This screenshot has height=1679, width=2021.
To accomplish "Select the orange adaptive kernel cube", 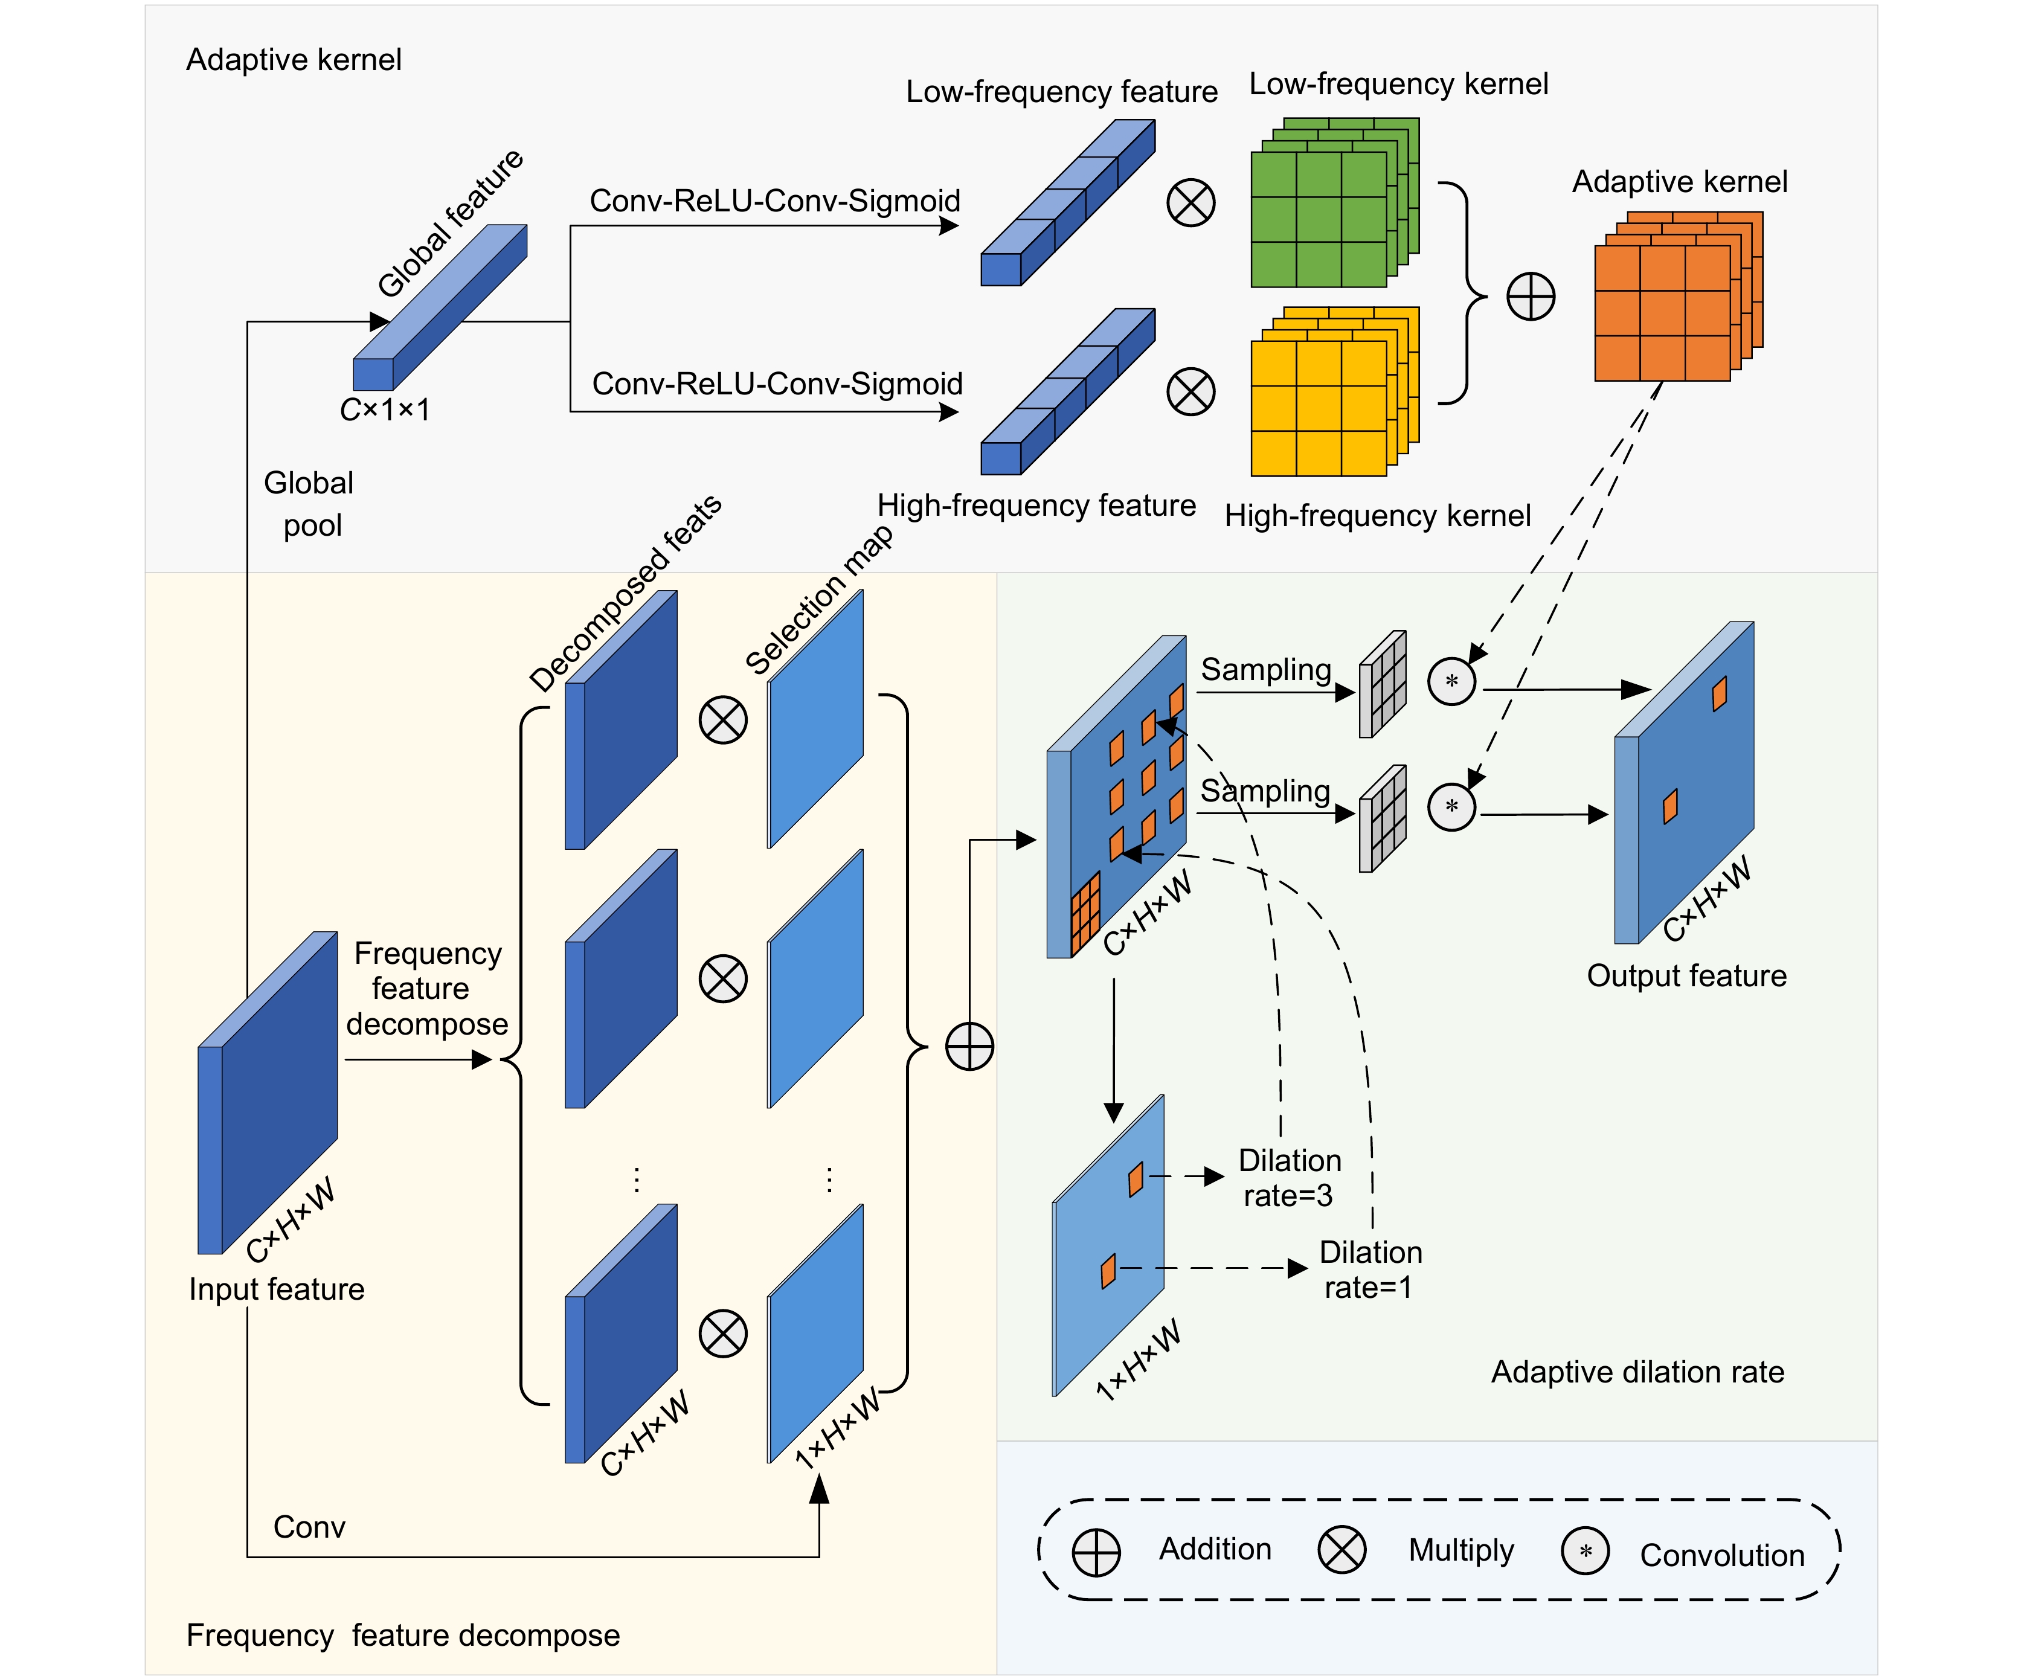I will (1674, 298).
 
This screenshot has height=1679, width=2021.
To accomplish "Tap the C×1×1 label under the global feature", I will (385, 410).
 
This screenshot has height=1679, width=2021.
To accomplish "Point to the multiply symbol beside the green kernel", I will (1190, 203).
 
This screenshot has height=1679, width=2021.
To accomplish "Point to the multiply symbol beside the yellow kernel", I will (1190, 391).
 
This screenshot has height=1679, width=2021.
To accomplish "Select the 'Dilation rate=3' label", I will (1288, 1178).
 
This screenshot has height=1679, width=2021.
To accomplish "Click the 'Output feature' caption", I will (1686, 975).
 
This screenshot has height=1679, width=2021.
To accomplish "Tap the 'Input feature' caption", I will (276, 1289).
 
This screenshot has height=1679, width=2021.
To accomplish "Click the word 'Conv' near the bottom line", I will (309, 1527).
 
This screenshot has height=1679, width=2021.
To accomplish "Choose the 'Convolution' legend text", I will (1721, 1555).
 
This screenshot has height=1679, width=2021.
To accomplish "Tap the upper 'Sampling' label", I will (1265, 670).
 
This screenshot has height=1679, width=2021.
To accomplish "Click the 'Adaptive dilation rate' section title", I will (1637, 1372).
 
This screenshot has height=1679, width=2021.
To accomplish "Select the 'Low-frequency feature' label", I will (1061, 91).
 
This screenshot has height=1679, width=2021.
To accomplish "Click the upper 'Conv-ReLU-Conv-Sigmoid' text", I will (775, 201).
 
